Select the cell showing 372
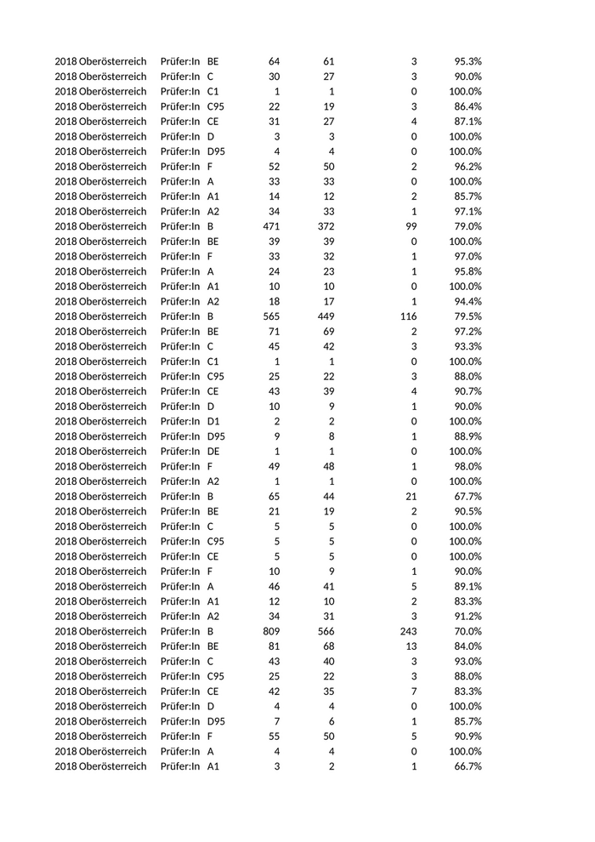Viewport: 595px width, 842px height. click(x=326, y=226)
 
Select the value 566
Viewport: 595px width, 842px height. click(x=326, y=631)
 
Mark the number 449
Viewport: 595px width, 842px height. click(x=326, y=316)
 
